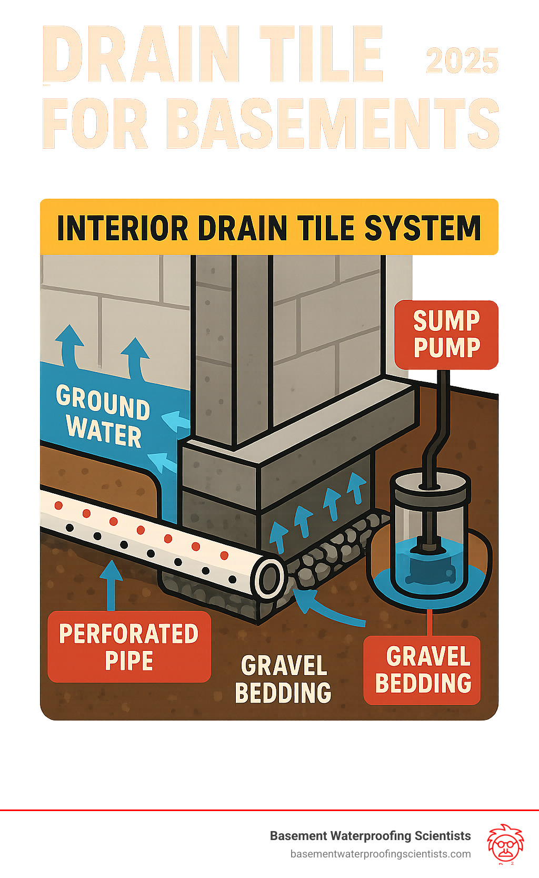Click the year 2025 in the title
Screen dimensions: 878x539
(x=462, y=62)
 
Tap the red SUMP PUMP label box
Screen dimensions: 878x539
(x=446, y=335)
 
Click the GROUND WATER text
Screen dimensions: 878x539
(x=104, y=416)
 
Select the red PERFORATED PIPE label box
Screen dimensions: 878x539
(x=129, y=647)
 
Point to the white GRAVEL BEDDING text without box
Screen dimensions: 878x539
(x=284, y=679)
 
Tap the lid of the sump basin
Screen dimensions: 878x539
(x=430, y=485)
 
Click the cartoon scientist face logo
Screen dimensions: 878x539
(x=505, y=844)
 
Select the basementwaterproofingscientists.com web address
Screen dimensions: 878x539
(x=381, y=854)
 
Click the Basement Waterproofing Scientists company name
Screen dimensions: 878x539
(x=370, y=836)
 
